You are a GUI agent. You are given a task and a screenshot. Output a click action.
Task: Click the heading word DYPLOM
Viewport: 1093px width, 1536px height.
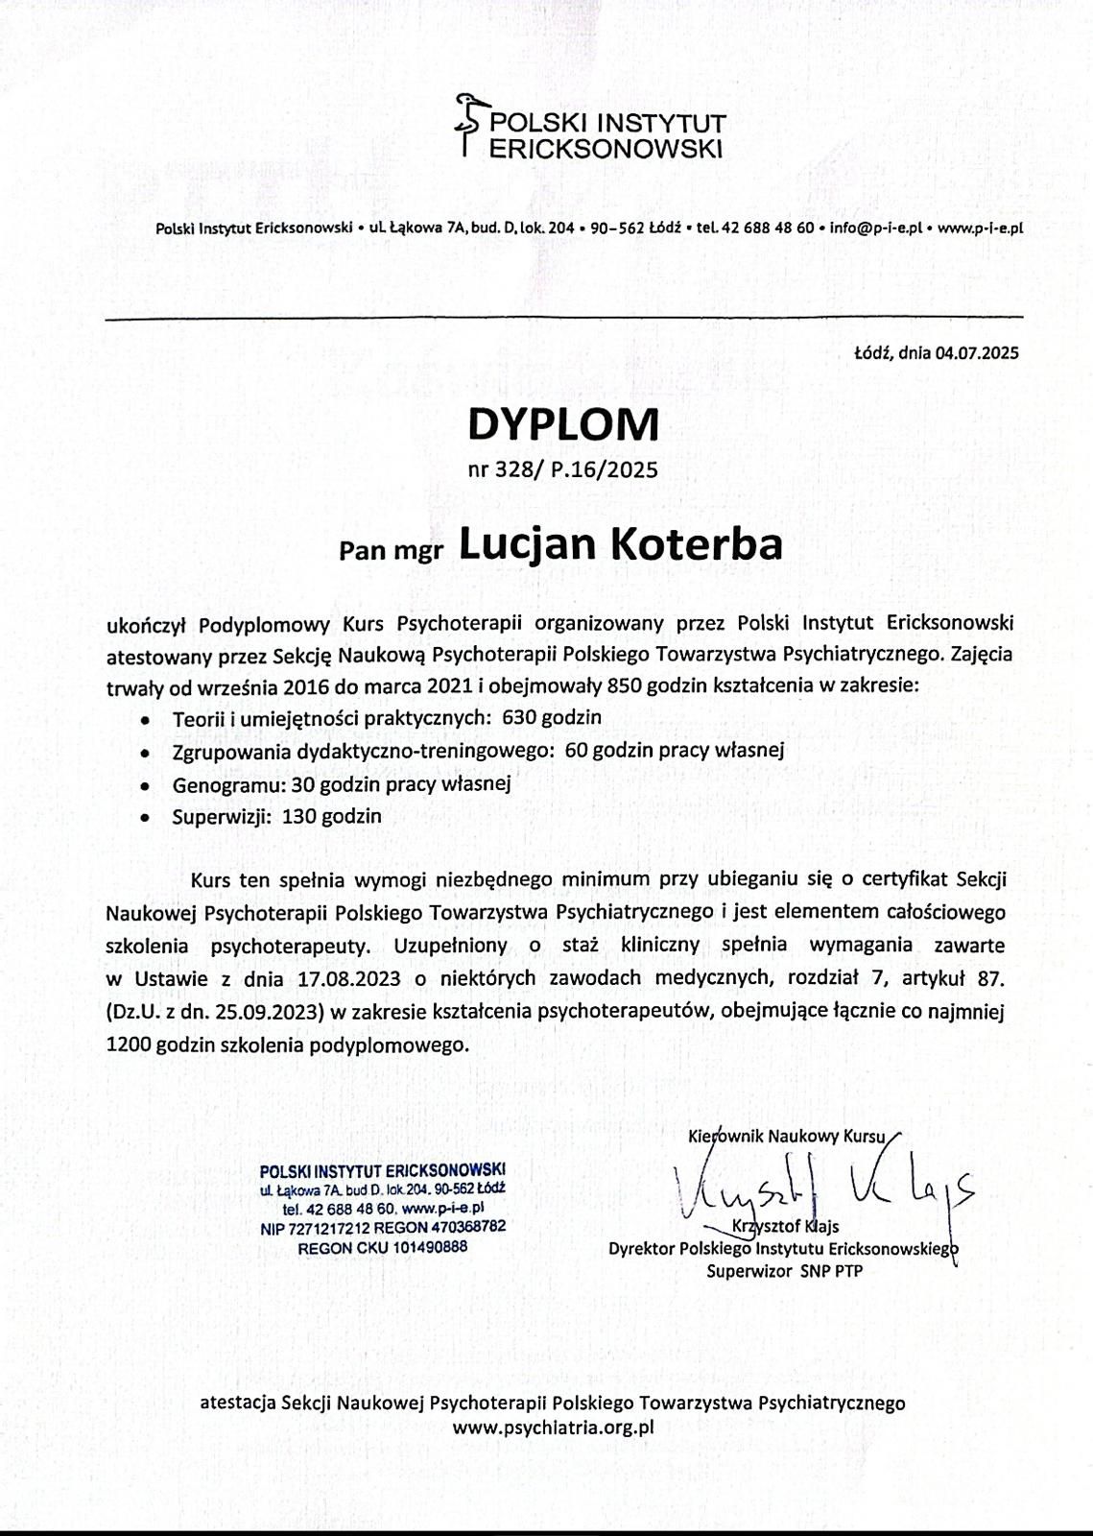pos(563,423)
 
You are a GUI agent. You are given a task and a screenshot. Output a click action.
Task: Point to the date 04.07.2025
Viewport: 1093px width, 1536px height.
pos(978,352)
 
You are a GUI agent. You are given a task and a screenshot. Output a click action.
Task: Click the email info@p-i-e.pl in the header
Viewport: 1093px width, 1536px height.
pos(876,228)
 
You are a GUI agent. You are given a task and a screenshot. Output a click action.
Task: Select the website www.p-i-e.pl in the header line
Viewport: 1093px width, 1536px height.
pos(980,228)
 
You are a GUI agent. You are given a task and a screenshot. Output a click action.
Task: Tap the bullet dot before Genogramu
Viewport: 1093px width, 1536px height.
pos(144,785)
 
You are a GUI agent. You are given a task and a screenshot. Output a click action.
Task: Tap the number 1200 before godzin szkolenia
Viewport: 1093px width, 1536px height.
pos(127,1044)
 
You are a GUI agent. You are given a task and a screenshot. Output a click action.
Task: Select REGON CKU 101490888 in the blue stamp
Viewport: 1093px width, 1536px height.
pos(383,1247)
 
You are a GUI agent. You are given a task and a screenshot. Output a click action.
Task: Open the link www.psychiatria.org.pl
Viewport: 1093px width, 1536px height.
pos(553,1427)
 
